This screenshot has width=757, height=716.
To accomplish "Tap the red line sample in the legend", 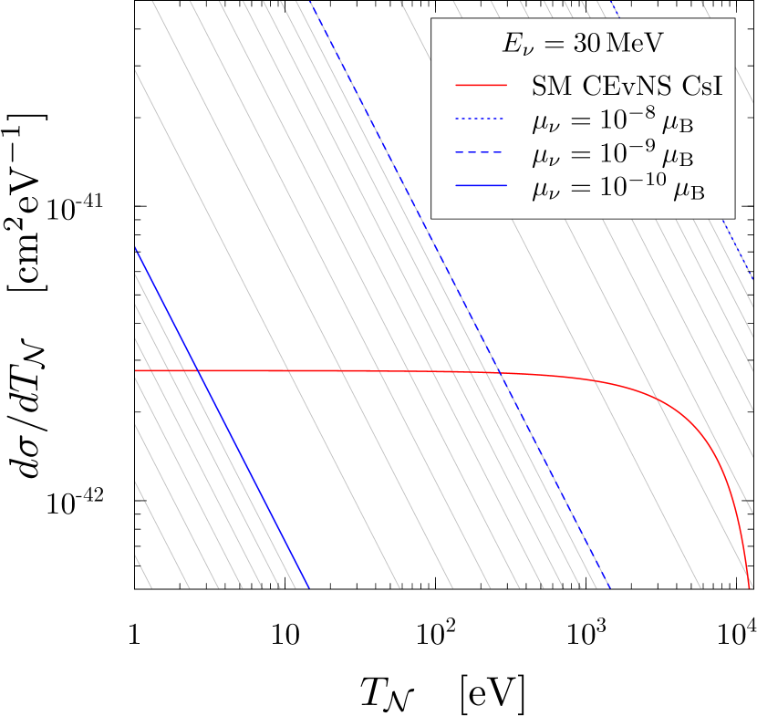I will pyautogui.click(x=480, y=87).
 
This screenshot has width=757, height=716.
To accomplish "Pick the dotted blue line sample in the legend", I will pyautogui.click(x=480, y=119).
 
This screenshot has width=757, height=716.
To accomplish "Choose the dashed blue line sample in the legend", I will pyautogui.click(x=480, y=153).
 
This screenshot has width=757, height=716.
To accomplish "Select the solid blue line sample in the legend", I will pyautogui.click(x=480, y=186).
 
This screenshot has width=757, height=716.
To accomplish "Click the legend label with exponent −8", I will pyautogui.click(x=612, y=119).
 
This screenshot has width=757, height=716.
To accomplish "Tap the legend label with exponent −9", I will pyautogui.click(x=612, y=153).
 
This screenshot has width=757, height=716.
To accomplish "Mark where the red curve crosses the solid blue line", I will pyautogui.click(x=198, y=370).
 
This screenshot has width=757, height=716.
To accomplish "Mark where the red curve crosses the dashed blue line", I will pyautogui.click(x=500, y=373).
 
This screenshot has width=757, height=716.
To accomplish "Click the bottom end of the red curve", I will pyautogui.click(x=749, y=586).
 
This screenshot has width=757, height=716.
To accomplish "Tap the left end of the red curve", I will pyautogui.click(x=136, y=370).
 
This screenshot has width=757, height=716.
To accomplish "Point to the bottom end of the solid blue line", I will pyautogui.click(x=309, y=587).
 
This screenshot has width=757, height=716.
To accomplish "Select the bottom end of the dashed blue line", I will pyautogui.click(x=608, y=587).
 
